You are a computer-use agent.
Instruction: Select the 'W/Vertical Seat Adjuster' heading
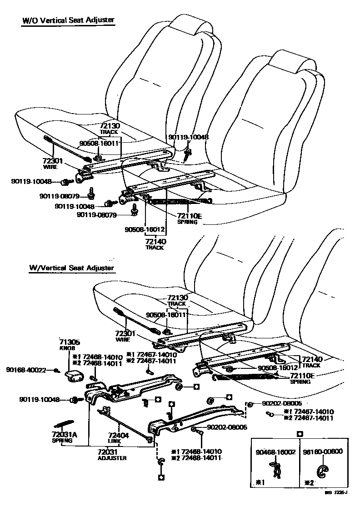point(71,268)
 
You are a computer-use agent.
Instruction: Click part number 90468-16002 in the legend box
point(275,452)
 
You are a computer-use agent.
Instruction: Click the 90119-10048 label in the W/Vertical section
point(40,400)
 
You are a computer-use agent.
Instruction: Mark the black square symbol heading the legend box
point(299,434)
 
